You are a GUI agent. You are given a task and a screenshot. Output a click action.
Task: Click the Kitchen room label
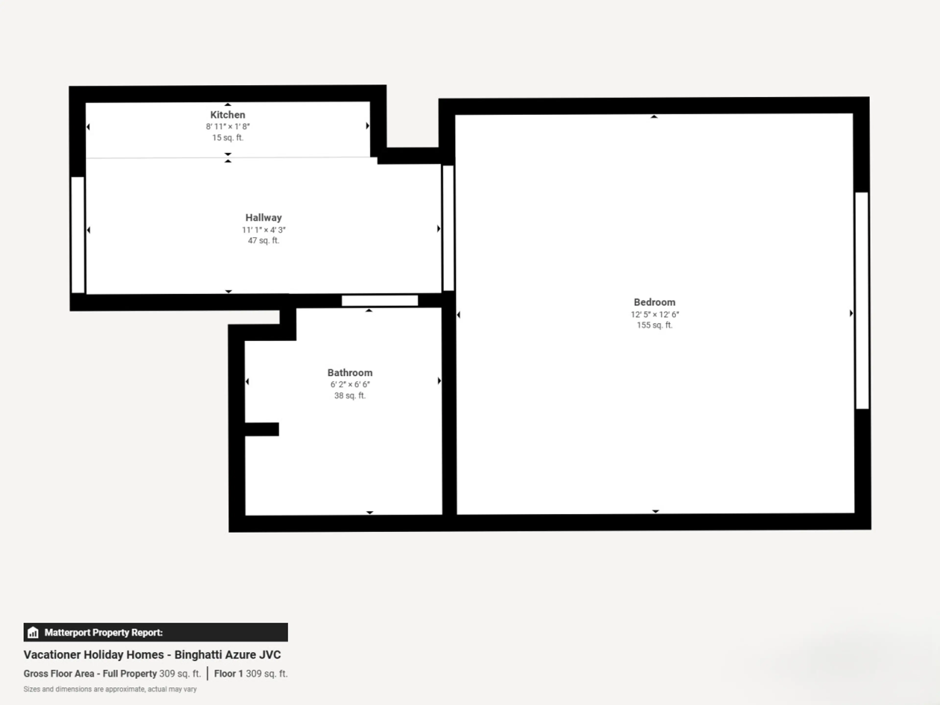[228, 115]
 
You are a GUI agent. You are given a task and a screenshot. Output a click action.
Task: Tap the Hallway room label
[263, 218]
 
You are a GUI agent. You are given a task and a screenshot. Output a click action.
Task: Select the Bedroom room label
[654, 302]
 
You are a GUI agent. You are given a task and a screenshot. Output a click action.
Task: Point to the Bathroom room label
[350, 373]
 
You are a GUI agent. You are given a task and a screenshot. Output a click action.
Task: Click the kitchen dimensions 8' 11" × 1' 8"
[228, 127]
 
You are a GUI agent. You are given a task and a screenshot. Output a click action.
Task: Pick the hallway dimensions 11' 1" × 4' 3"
[263, 230]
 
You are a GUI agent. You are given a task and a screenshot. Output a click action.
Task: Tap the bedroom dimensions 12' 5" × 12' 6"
[654, 315]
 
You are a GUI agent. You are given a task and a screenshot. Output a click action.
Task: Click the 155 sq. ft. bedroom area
[654, 325]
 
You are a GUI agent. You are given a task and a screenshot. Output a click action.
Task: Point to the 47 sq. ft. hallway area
[263, 241]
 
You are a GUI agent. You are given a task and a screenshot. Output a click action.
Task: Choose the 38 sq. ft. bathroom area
[350, 396]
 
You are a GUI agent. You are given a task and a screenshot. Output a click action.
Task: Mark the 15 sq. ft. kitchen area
[228, 138]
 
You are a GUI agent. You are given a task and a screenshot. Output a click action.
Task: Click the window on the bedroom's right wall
[862, 300]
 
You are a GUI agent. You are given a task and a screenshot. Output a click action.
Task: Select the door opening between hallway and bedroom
[448, 228]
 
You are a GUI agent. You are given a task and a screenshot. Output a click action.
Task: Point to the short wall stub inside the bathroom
[262, 429]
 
